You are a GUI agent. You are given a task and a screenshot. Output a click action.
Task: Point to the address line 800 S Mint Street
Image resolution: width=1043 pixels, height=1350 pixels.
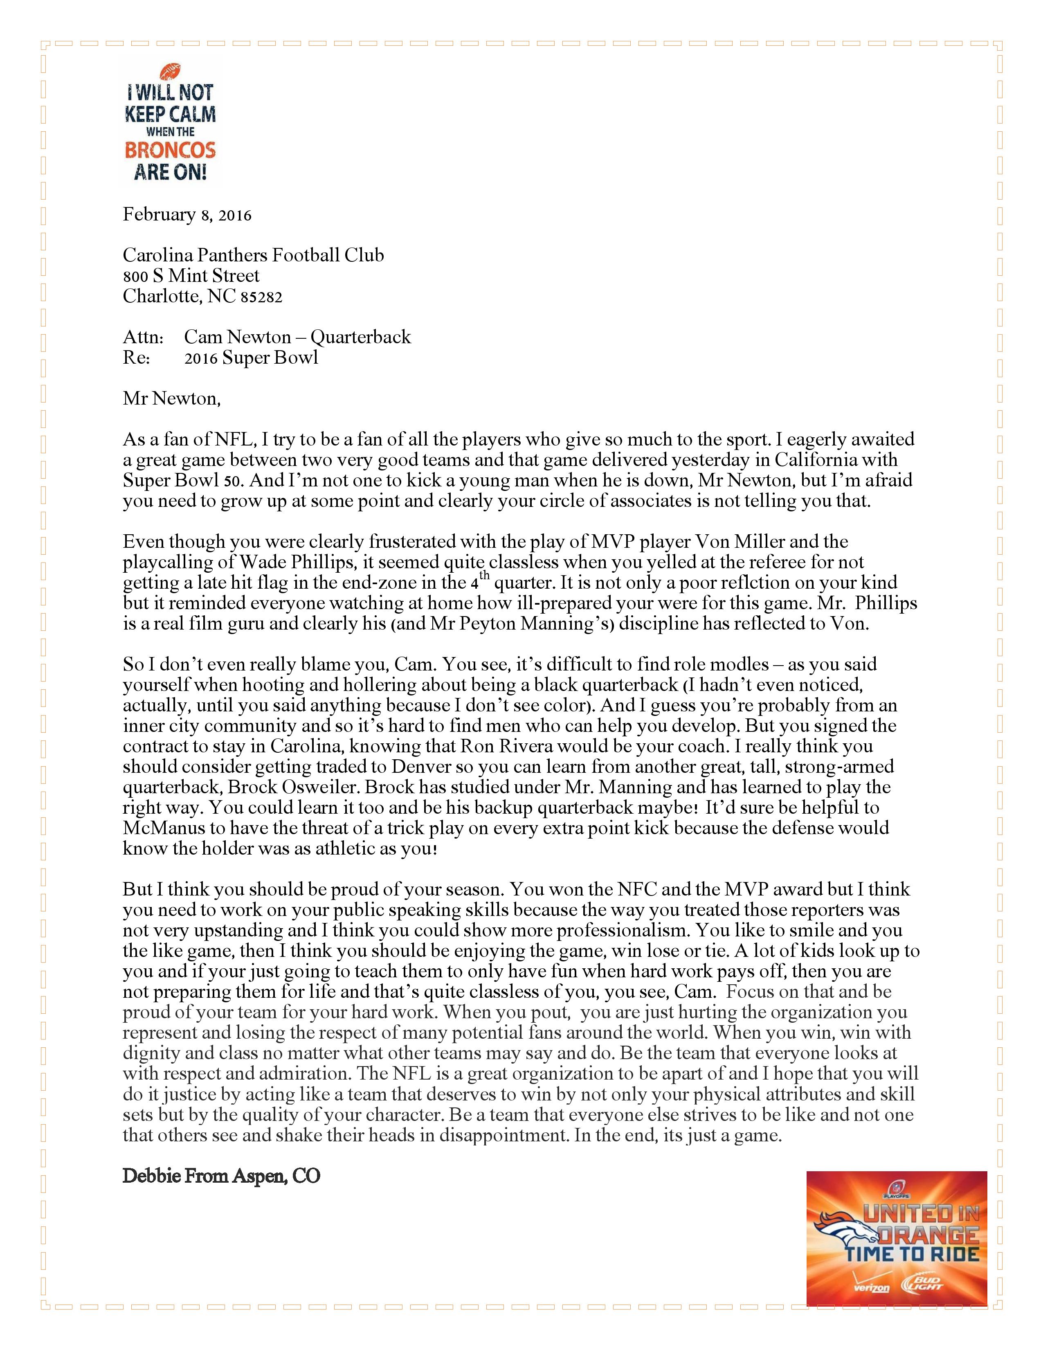tap(191, 276)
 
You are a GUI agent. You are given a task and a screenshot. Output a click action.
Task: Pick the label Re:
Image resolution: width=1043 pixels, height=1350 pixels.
tap(137, 358)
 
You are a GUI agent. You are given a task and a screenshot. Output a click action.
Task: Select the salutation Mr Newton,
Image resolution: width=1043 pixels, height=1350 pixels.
tap(171, 399)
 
